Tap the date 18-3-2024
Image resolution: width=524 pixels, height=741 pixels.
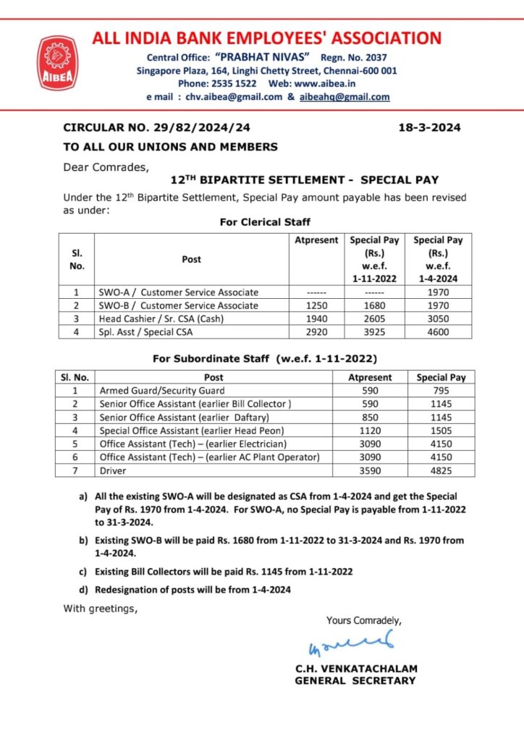pyautogui.click(x=429, y=127)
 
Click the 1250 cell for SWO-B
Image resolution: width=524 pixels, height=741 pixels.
pyautogui.click(x=316, y=305)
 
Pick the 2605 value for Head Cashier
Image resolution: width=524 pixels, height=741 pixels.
pyautogui.click(x=375, y=318)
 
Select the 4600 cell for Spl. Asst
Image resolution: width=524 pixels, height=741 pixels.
pyautogui.click(x=437, y=332)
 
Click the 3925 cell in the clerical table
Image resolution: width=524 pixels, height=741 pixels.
pyautogui.click(x=375, y=332)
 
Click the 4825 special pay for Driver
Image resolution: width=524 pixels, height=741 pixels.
pyautogui.click(x=441, y=470)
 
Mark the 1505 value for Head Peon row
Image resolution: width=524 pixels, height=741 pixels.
pyautogui.click(x=441, y=431)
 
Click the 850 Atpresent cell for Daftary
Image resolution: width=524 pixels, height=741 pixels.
pyautogui.click(x=369, y=418)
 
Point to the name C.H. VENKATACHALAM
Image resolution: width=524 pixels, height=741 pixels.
pyautogui.click(x=355, y=669)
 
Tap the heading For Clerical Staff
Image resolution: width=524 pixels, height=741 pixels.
pyautogui.click(x=265, y=222)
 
